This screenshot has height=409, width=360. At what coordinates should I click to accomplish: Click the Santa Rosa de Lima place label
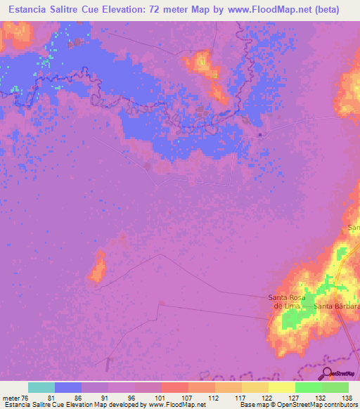coord(288,301)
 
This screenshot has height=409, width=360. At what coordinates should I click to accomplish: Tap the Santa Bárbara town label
coord(337,306)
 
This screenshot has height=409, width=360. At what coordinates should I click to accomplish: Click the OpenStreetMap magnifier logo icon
coord(327,372)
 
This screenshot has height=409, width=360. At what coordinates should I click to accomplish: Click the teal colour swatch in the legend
coord(41,387)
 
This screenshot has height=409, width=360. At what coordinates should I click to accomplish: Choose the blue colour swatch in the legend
coord(68,387)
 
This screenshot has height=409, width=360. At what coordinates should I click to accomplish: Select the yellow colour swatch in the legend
coord(282,387)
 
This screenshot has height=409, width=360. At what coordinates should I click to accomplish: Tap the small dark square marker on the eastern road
coord(260,135)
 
